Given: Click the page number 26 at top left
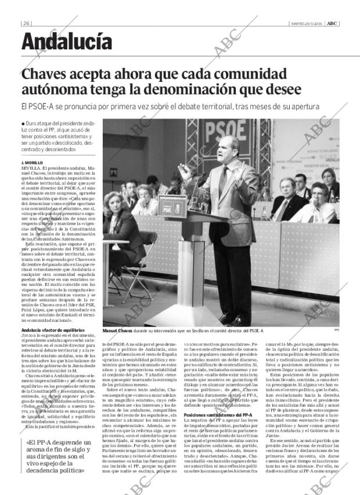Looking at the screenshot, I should coord(27,23).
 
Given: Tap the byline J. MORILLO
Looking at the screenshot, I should coord(33,162).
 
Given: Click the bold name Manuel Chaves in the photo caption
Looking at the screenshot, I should coord(118,331).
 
